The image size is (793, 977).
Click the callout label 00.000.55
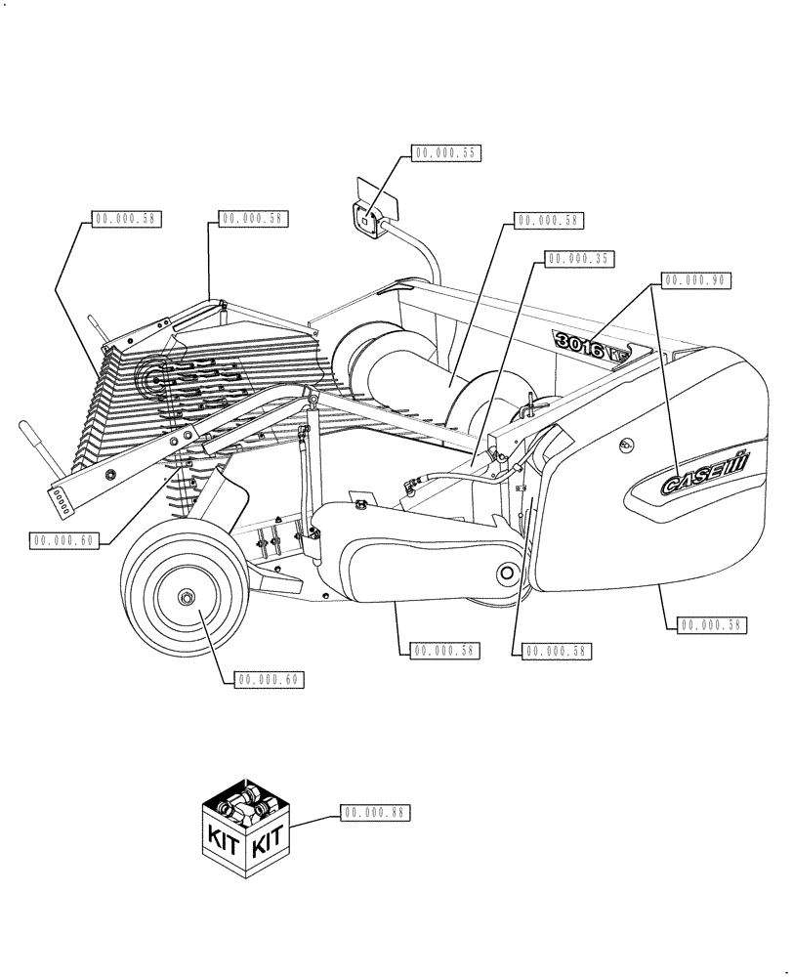pos(446,153)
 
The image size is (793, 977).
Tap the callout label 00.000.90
pos(695,280)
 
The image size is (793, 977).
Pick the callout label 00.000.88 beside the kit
pos(376,812)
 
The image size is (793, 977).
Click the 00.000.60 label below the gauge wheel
pos(271,679)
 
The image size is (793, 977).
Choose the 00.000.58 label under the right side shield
pos(710,624)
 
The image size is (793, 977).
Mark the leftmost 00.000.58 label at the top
pos(126,219)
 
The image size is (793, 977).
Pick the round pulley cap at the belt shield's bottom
pos(509,573)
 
